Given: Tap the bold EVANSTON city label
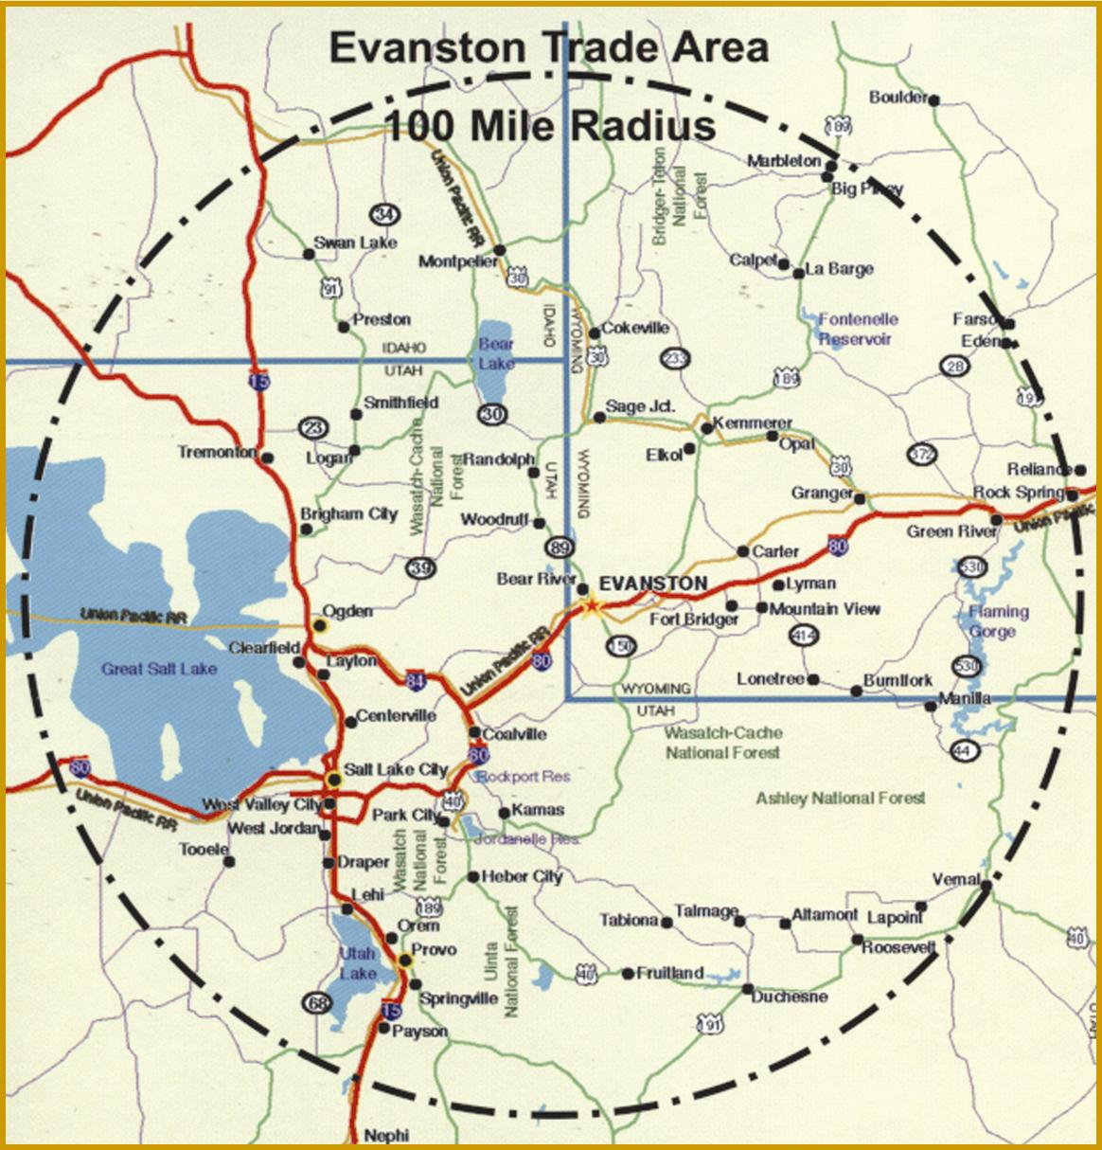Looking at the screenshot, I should pyautogui.click(x=654, y=583).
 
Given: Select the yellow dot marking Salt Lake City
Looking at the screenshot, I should pyautogui.click(x=333, y=779).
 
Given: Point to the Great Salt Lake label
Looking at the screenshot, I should pyautogui.click(x=159, y=669).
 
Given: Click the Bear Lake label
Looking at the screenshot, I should pyautogui.click(x=496, y=353).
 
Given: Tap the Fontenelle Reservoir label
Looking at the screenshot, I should pyautogui.click(x=857, y=329).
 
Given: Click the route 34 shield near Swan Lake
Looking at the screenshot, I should pyautogui.click(x=383, y=212).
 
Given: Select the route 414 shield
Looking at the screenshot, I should pyautogui.click(x=804, y=636).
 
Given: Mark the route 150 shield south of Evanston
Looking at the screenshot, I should pyautogui.click(x=620, y=646).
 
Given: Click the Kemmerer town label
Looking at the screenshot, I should pyautogui.click(x=753, y=422).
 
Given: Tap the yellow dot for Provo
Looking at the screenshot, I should pyautogui.click(x=405, y=960).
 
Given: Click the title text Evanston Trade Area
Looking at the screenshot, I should pyautogui.click(x=549, y=47).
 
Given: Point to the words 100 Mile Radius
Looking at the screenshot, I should pyautogui.click(x=549, y=125).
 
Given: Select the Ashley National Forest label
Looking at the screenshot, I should pyautogui.click(x=840, y=799).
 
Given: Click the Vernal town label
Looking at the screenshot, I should pyautogui.click(x=955, y=879).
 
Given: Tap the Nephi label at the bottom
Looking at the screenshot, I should pyautogui.click(x=386, y=1135).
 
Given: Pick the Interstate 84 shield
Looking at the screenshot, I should pyautogui.click(x=418, y=678).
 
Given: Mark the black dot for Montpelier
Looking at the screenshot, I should pyautogui.click(x=500, y=250).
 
